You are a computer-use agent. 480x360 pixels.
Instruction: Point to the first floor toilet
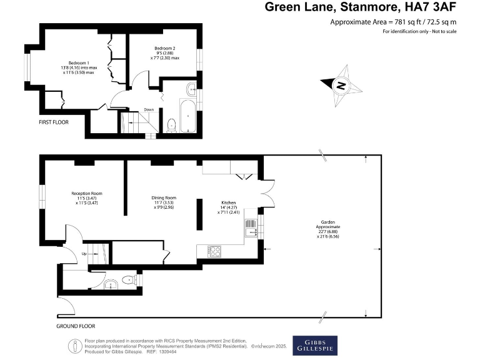171,124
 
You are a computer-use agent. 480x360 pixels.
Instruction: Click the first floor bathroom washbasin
191,87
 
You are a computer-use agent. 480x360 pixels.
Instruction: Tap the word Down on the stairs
149,110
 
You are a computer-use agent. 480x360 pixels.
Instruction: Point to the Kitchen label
229,203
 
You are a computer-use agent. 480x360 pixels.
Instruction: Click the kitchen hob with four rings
214,251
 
